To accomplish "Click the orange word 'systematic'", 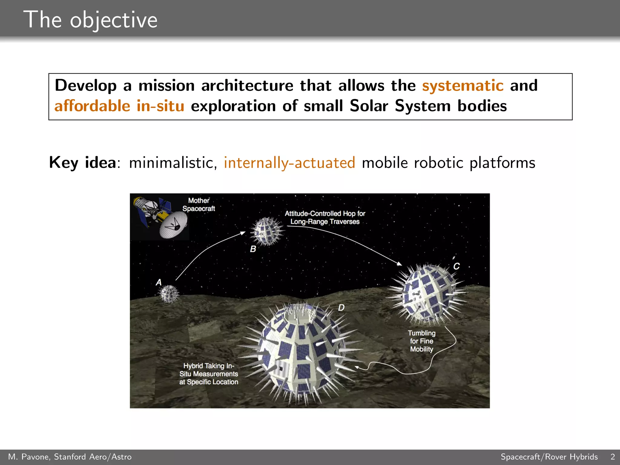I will tap(463, 85).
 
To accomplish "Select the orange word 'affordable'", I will tap(92, 106).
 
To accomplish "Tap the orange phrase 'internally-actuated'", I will tap(289, 163).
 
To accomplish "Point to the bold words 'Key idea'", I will tap(82, 163).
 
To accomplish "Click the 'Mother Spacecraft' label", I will tap(199, 205).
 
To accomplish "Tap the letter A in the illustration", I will tap(159, 282).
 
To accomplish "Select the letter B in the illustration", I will tap(253, 249).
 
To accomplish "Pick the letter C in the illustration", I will tap(456, 266).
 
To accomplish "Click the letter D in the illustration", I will tap(341, 308).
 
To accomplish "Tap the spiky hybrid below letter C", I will tap(427, 294).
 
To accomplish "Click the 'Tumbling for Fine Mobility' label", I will tap(421, 341).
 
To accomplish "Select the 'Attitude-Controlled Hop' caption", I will tap(325, 217).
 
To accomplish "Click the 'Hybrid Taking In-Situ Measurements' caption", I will tap(209, 374).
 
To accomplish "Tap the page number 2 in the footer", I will tap(612, 457).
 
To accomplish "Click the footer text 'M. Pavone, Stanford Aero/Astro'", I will tap(70, 457).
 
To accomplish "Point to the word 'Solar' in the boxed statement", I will tap(369, 106).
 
